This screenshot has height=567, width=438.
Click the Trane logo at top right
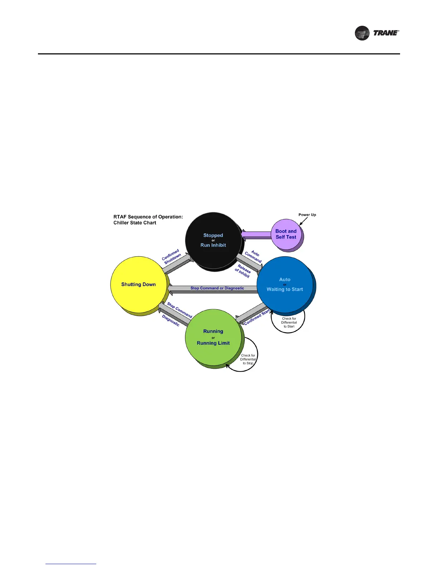tap(376, 33)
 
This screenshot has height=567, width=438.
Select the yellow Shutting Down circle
tap(139, 285)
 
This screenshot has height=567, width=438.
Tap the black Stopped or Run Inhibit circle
tap(213, 240)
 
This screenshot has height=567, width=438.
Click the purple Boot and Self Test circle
tap(286, 234)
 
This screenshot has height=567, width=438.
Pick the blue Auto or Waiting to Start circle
tap(285, 285)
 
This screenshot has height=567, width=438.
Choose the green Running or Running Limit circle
tap(213, 337)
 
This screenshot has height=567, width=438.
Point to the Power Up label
tap(307, 215)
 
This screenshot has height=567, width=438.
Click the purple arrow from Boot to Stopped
tap(256, 235)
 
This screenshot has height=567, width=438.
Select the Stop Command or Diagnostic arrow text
tap(217, 288)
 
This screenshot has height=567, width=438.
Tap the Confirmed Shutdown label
tap(172, 257)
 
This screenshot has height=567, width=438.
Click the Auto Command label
tap(254, 256)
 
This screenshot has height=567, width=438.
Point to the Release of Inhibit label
tap(243, 271)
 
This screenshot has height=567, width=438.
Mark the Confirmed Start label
tap(257, 318)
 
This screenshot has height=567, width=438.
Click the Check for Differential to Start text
tap(289, 323)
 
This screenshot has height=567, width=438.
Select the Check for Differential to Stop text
tap(248, 359)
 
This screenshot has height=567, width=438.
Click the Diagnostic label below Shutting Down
tap(171, 320)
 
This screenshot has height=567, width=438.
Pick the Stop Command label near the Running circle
tap(180, 310)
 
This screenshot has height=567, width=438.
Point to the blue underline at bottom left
tap(71, 564)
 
